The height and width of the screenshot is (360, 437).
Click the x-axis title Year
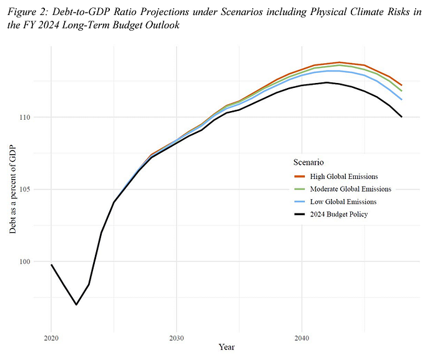227,346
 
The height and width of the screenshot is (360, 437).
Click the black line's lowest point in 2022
76,304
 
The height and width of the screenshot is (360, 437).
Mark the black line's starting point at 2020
51,265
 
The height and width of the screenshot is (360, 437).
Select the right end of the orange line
401,85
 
